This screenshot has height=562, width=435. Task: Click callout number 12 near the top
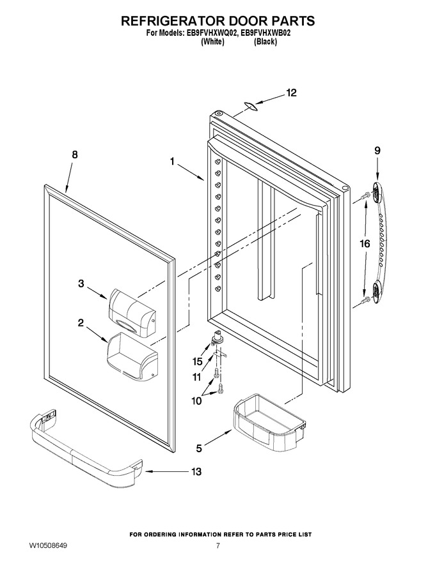coord(292,93)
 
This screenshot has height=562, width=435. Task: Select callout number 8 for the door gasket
coord(74,155)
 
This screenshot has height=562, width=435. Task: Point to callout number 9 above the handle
coord(377,151)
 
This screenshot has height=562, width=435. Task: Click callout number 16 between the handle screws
coord(365,244)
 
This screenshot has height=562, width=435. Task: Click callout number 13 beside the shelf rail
coord(196,472)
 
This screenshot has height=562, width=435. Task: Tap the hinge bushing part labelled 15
coord(217,338)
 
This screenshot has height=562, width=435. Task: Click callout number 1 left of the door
coord(172,162)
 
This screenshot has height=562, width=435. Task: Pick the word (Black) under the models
coord(265,42)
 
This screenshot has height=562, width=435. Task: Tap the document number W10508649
coord(48,546)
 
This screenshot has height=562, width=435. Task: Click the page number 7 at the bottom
coord(218,546)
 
